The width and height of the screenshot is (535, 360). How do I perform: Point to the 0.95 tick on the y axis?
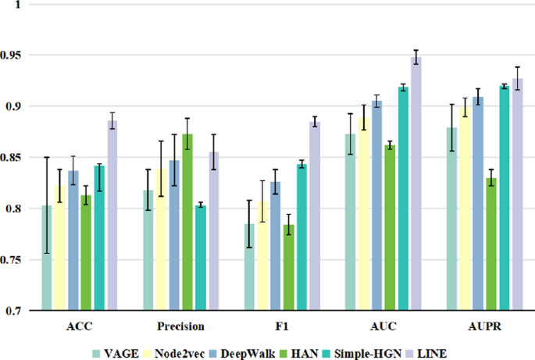click(14, 55)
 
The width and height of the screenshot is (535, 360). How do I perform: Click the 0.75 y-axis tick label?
click(14, 260)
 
